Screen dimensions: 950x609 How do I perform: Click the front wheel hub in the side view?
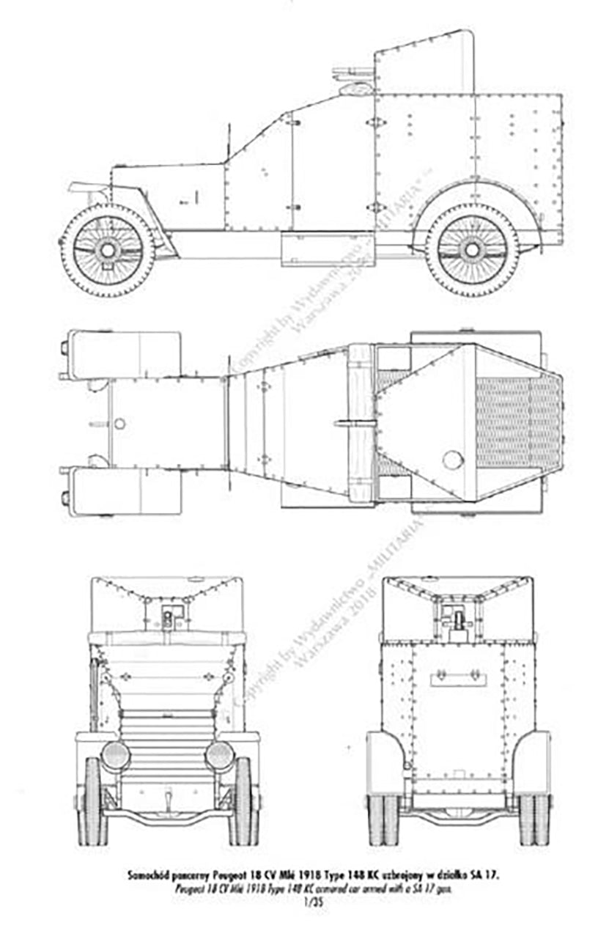click(108, 250)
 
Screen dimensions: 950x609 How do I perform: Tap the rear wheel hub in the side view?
click(472, 250)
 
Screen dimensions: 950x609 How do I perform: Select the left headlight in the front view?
click(116, 756)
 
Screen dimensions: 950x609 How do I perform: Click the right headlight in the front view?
click(219, 756)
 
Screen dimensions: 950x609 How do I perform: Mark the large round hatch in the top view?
click(454, 460)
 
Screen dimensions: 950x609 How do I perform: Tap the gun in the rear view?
click(459, 620)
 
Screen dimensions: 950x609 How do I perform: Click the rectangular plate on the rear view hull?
click(459, 678)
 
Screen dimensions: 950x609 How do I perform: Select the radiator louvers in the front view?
click(167, 740)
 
